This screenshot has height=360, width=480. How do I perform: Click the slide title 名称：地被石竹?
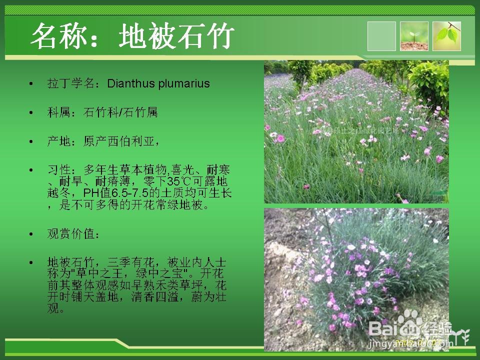[132, 36]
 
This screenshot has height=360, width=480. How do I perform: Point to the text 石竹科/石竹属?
[120, 112]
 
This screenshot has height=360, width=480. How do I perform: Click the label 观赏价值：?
[73, 233]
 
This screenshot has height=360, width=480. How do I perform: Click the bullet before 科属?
[31, 113]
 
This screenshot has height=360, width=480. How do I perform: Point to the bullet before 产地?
[31, 142]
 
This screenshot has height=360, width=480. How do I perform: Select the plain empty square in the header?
[381, 36]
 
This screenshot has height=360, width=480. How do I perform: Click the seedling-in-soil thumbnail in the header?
[414, 36]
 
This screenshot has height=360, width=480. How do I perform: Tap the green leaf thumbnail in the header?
[446, 36]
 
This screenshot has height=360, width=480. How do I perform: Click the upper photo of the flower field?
[356, 132]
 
